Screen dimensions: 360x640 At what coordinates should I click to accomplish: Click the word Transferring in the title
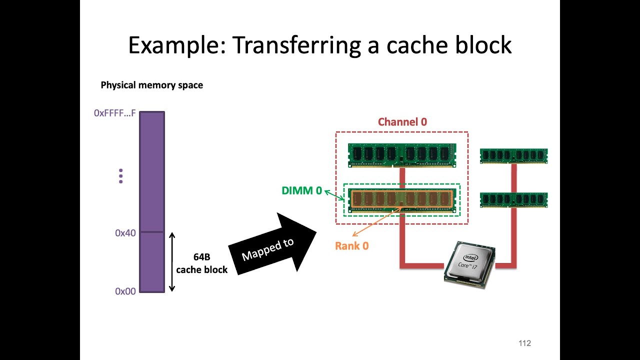pos(296,45)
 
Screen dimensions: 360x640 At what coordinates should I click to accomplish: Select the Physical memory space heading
pos(151,85)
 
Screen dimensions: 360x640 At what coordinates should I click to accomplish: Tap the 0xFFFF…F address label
pos(114,113)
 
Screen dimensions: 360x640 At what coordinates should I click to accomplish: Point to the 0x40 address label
pos(125,233)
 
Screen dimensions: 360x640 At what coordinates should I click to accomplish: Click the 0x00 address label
pos(125,291)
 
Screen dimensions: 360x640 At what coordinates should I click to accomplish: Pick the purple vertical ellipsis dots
pos(120,176)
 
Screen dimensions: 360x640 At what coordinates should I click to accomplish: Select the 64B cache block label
pos(201,263)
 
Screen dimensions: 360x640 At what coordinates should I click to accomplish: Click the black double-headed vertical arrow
pos(171,261)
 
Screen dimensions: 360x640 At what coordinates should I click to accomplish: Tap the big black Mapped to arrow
pos(272,245)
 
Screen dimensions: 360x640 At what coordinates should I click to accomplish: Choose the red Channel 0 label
pos(402,122)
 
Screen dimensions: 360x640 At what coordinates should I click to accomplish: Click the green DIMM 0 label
pos(301,190)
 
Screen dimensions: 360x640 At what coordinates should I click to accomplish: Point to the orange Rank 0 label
pos(351,246)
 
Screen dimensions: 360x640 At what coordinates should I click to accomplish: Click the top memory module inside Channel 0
pos(402,154)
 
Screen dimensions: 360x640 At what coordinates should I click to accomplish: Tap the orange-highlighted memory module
pos(402,199)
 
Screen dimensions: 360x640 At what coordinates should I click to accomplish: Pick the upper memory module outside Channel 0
pos(513,155)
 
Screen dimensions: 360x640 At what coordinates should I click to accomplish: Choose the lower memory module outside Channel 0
pos(513,199)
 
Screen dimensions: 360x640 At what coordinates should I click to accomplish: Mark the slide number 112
pos(524,343)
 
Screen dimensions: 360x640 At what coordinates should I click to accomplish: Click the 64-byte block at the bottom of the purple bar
pos(152,262)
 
